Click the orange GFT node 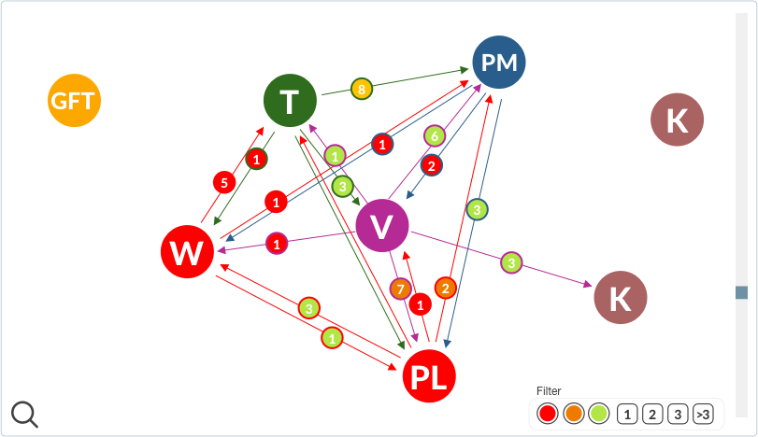(74, 100)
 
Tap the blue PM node (499, 63)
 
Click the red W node (187, 252)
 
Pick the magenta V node (382, 226)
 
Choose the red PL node (430, 377)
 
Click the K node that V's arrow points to (620, 298)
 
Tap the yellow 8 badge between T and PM (362, 90)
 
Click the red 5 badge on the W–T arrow (222, 182)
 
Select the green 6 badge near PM (434, 136)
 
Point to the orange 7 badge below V (401, 289)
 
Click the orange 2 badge (446, 288)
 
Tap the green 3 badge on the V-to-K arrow (511, 263)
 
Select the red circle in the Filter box (548, 413)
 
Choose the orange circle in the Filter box (574, 413)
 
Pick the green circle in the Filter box (599, 413)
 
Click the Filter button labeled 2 (652, 413)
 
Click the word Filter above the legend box (549, 391)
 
